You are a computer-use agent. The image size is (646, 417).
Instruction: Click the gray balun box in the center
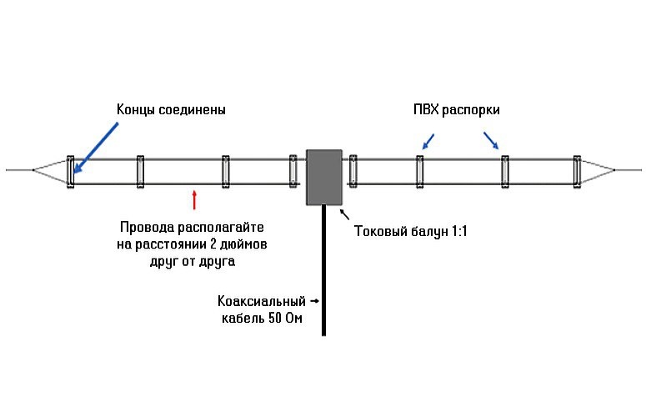[324, 177]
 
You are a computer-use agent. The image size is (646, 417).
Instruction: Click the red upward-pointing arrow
[194, 199]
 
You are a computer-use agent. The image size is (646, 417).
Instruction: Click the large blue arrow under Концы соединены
[95, 149]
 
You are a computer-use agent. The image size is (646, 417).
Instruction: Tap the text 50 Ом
[283, 319]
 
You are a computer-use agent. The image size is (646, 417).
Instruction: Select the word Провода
[148, 227]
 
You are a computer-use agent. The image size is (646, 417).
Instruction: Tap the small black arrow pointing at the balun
[344, 214]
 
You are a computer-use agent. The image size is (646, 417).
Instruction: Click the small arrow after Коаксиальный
[313, 300]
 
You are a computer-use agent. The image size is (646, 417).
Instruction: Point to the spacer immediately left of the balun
[293, 170]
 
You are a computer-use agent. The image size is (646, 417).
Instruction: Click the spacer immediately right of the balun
[354, 170]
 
